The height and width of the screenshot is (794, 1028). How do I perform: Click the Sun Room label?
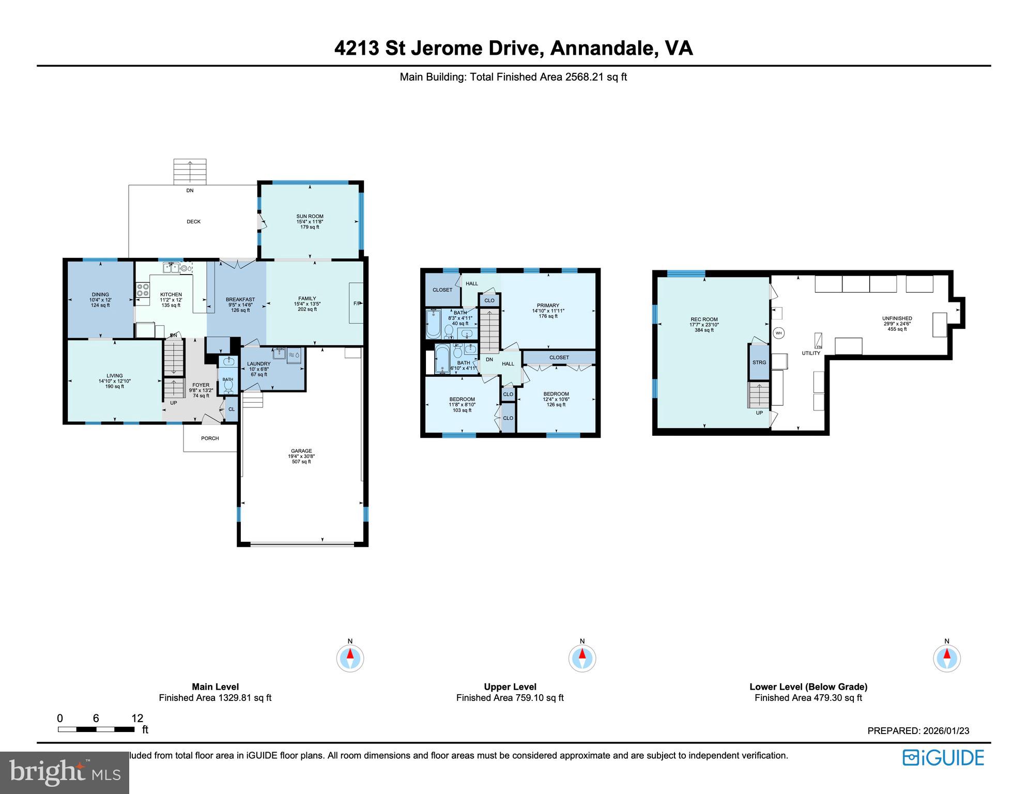coord(310,217)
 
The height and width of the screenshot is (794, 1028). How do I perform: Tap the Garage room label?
coord(300,451)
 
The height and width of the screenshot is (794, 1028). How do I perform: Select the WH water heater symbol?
coord(778,333)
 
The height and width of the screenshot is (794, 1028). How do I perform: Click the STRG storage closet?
coord(759,362)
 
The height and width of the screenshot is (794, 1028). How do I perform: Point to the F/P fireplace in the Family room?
coord(356,303)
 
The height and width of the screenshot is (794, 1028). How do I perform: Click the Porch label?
coord(210,438)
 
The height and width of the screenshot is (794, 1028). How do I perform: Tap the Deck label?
coord(193,222)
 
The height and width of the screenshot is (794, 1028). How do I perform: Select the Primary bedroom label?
coord(548,306)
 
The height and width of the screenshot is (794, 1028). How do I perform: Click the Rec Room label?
coord(704,319)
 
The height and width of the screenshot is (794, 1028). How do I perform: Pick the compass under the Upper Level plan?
coord(582,659)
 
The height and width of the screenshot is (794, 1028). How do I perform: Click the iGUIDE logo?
coord(943,758)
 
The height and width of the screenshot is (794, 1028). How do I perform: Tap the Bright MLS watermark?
coord(65,772)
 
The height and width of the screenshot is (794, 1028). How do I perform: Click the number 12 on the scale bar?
coord(137,718)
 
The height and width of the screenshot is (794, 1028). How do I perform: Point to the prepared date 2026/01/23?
coord(946,730)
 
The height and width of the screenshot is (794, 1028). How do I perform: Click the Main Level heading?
coord(215,686)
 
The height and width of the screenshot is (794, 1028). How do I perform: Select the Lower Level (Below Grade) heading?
coord(808,686)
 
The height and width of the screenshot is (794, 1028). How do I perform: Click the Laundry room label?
coord(258,364)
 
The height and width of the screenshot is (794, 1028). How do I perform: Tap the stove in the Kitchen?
coord(143,291)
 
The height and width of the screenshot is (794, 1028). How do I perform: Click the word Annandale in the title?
coord(600,48)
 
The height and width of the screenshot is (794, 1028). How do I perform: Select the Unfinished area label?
coord(897,318)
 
